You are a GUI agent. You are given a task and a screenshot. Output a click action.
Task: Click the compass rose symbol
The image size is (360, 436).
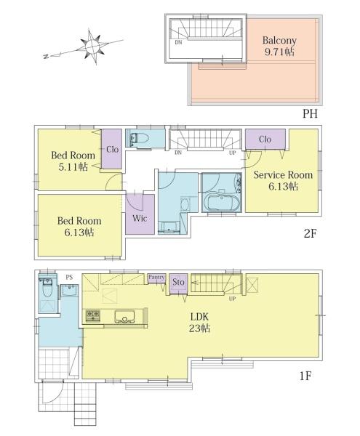click(92, 47)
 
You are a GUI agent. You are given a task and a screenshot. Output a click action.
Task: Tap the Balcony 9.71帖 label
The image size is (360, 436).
click(279, 47)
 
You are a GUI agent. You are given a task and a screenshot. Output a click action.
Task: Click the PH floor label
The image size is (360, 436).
click(310, 114)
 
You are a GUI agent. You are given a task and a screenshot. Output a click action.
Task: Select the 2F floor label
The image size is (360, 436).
click(310, 233)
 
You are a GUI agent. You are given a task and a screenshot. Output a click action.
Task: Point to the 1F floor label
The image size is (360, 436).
click(305, 376)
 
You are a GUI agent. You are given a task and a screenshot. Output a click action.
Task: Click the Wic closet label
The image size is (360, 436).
click(140, 218)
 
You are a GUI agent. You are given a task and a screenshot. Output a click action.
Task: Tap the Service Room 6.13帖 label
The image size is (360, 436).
click(283, 180)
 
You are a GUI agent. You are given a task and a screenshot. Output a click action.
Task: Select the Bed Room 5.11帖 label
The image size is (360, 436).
click(73, 161)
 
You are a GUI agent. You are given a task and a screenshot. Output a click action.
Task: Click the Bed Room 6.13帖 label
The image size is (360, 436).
click(79, 226)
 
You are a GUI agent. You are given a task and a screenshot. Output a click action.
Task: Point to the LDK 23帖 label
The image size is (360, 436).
click(199, 323)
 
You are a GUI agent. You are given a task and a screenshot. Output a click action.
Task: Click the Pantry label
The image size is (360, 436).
click(156, 278)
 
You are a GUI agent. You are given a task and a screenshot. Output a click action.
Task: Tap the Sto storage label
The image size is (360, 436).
click(178, 282)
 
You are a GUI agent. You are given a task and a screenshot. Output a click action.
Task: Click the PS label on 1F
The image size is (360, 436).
click(69, 278)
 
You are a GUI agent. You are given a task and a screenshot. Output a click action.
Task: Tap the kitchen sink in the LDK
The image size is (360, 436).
click(124, 317)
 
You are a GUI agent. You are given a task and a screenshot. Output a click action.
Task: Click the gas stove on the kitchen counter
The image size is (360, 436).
click(92, 315)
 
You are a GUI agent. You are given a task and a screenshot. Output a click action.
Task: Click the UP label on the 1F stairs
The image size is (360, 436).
click(232, 299)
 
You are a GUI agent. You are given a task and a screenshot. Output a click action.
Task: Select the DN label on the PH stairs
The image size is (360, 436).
click(178, 43)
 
